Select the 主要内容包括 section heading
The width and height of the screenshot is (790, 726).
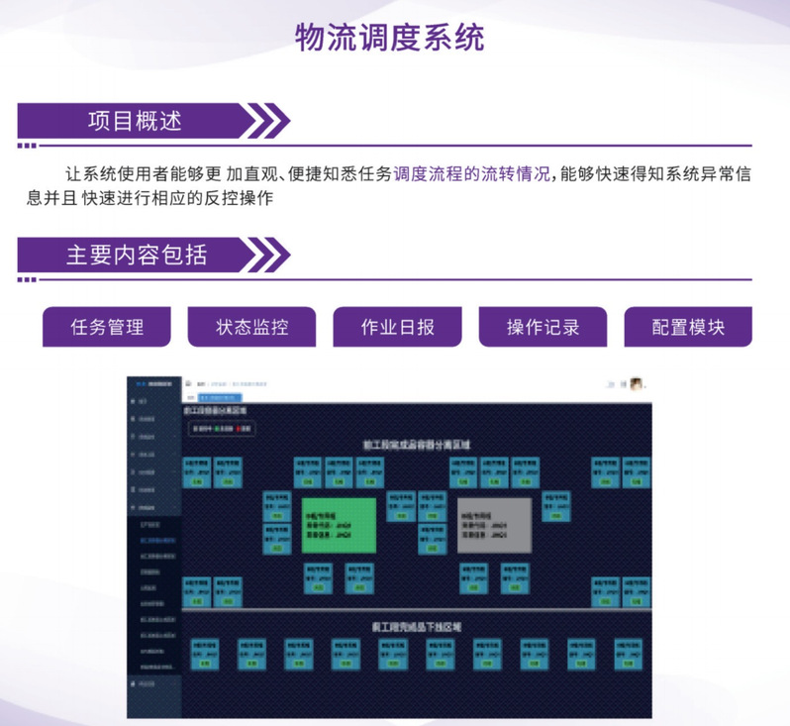tap(137, 255)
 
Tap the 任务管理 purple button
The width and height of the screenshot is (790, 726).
tap(107, 327)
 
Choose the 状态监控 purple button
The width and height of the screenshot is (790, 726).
tap(251, 327)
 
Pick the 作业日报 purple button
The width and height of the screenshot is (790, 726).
tap(397, 327)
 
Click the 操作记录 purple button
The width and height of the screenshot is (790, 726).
tap(543, 327)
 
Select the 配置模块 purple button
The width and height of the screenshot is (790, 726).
tap(688, 327)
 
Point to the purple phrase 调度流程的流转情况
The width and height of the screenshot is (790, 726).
tap(471, 174)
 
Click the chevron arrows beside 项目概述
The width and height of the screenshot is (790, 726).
tap(266, 121)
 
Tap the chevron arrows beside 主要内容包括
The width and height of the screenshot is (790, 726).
tap(266, 255)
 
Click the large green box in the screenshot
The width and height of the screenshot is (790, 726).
tap(339, 525)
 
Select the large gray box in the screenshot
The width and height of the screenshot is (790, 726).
tap(494, 525)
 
